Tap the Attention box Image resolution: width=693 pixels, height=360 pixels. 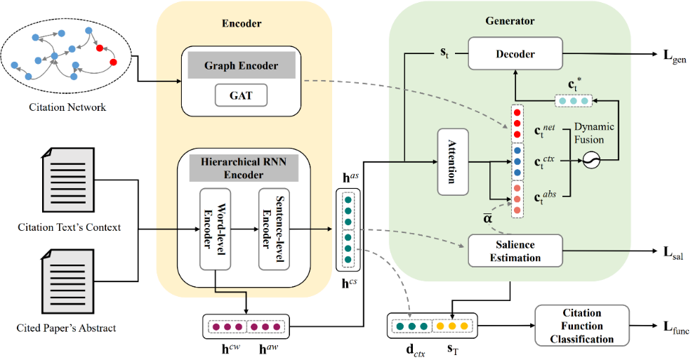(453, 161)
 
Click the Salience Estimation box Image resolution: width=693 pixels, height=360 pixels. (515, 251)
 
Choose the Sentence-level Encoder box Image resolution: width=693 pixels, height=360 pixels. (274, 229)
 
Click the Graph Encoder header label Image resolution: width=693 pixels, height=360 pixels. (241, 66)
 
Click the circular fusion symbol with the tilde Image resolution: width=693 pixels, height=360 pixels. (594, 161)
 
